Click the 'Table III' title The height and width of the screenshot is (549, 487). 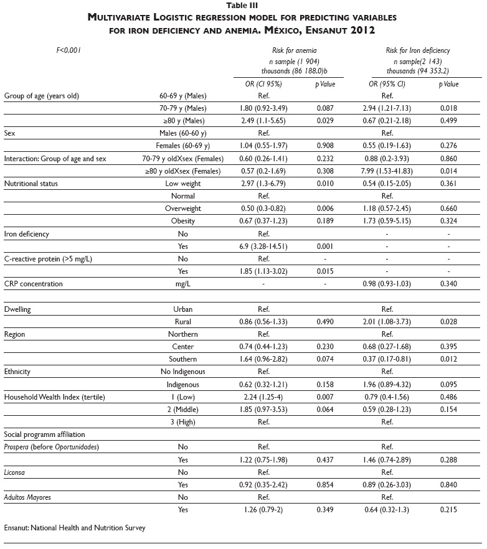coord(243,4)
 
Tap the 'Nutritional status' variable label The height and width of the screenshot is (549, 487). coord(32,184)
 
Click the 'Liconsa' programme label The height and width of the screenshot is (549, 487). coord(15,472)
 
